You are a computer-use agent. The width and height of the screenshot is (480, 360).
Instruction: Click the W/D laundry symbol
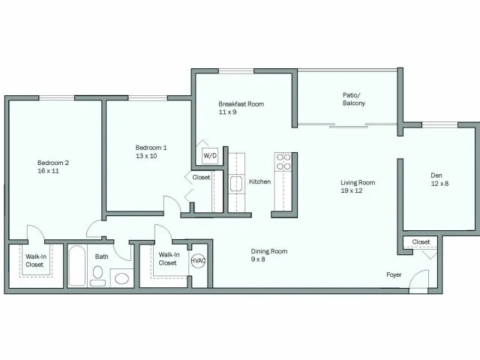(x=209, y=155)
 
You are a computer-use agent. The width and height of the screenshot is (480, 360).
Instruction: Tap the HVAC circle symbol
(x=199, y=260)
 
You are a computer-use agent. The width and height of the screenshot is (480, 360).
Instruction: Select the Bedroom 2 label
(x=53, y=163)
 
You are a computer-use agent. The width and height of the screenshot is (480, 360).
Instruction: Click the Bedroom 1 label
(x=151, y=148)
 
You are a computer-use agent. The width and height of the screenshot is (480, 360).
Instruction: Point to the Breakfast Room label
(x=241, y=103)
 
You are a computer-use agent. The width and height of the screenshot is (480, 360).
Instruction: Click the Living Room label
(x=357, y=182)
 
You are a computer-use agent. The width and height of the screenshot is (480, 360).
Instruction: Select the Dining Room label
(x=268, y=251)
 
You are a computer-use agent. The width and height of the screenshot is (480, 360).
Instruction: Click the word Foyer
(x=394, y=274)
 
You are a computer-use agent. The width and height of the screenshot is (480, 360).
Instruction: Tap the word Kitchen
(x=259, y=181)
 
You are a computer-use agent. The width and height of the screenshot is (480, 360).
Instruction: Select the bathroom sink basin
(x=121, y=279)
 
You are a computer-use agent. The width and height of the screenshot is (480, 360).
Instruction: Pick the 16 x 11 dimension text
(x=48, y=171)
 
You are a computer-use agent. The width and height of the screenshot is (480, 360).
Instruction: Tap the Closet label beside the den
(x=421, y=241)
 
